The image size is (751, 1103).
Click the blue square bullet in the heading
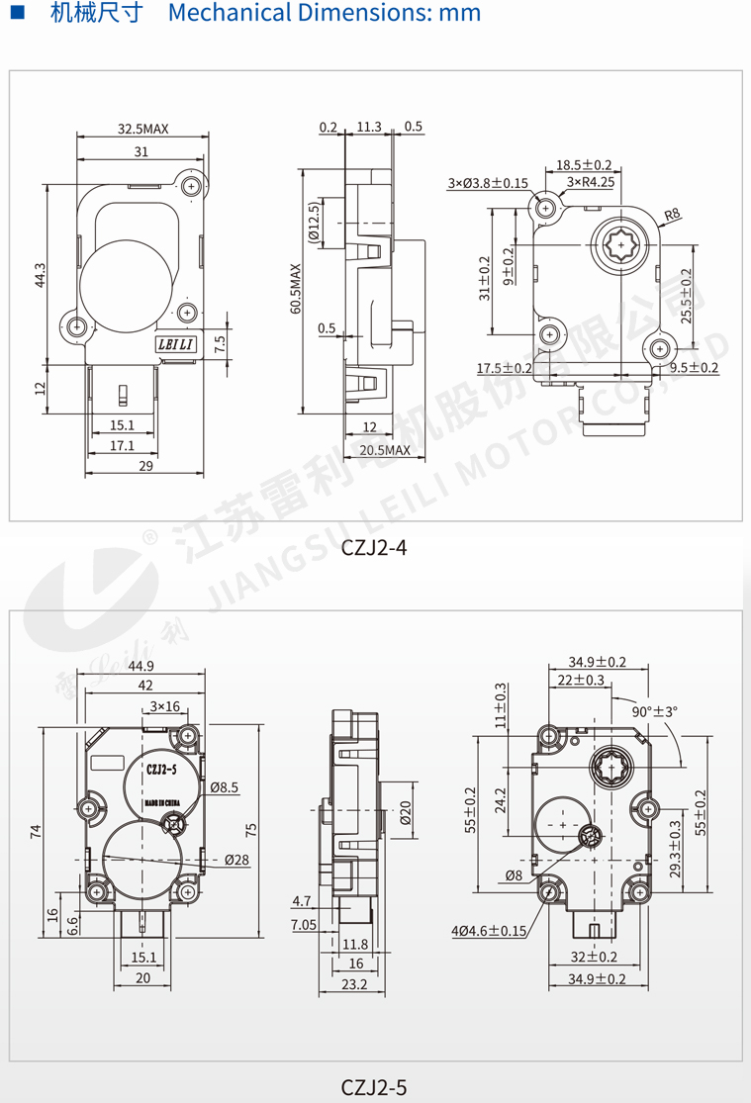(17, 14)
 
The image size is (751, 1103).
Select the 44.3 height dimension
(40, 275)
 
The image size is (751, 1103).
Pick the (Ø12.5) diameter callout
(314, 223)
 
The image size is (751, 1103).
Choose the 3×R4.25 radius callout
(591, 182)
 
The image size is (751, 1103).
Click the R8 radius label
(673, 214)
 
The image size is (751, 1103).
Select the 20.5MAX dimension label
(385, 450)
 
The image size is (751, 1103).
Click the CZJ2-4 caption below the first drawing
(374, 548)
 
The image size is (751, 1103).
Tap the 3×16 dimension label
(164, 706)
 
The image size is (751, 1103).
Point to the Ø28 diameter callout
(236, 860)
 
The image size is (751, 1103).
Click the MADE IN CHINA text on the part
(160, 802)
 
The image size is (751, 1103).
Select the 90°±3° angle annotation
(654, 710)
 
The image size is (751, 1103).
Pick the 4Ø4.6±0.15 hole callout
(490, 931)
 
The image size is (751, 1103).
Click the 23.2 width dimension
(353, 984)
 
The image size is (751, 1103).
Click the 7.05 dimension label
(303, 924)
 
